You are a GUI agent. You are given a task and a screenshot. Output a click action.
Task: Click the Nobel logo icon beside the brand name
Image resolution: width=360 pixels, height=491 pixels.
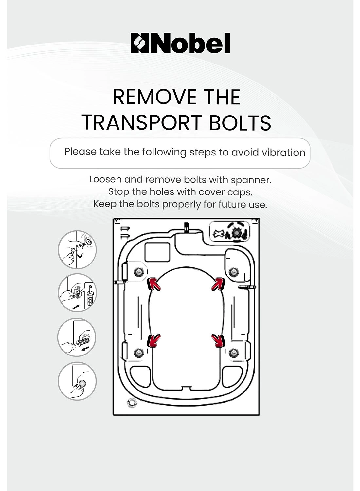coord(140,43)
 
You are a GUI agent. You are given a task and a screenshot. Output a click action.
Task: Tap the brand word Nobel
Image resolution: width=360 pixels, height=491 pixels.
coord(190,43)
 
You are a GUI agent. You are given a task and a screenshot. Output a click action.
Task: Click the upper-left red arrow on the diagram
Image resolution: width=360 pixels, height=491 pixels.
coord(154,284)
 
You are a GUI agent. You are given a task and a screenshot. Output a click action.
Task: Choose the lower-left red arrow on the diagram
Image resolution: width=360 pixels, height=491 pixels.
coord(154,340)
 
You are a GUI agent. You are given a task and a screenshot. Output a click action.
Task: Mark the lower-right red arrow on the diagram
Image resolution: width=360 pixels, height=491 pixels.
coord(218,340)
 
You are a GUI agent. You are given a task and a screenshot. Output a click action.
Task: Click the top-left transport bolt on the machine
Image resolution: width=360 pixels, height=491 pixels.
coord(138,271)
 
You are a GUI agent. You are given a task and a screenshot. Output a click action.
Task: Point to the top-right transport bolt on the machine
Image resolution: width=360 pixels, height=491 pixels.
coord(233,271)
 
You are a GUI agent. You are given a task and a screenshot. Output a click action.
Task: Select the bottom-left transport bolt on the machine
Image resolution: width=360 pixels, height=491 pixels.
coord(138,353)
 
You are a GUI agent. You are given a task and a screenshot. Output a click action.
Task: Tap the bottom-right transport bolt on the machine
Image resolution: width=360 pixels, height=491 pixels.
coord(233,353)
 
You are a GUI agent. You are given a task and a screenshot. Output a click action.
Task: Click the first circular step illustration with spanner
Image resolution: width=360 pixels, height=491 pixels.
coord(77,250)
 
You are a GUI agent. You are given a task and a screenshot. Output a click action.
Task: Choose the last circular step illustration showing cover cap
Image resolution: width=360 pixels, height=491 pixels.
coord(77,381)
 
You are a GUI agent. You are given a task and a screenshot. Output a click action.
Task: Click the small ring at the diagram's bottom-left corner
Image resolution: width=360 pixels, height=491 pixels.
coord(132,403)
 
